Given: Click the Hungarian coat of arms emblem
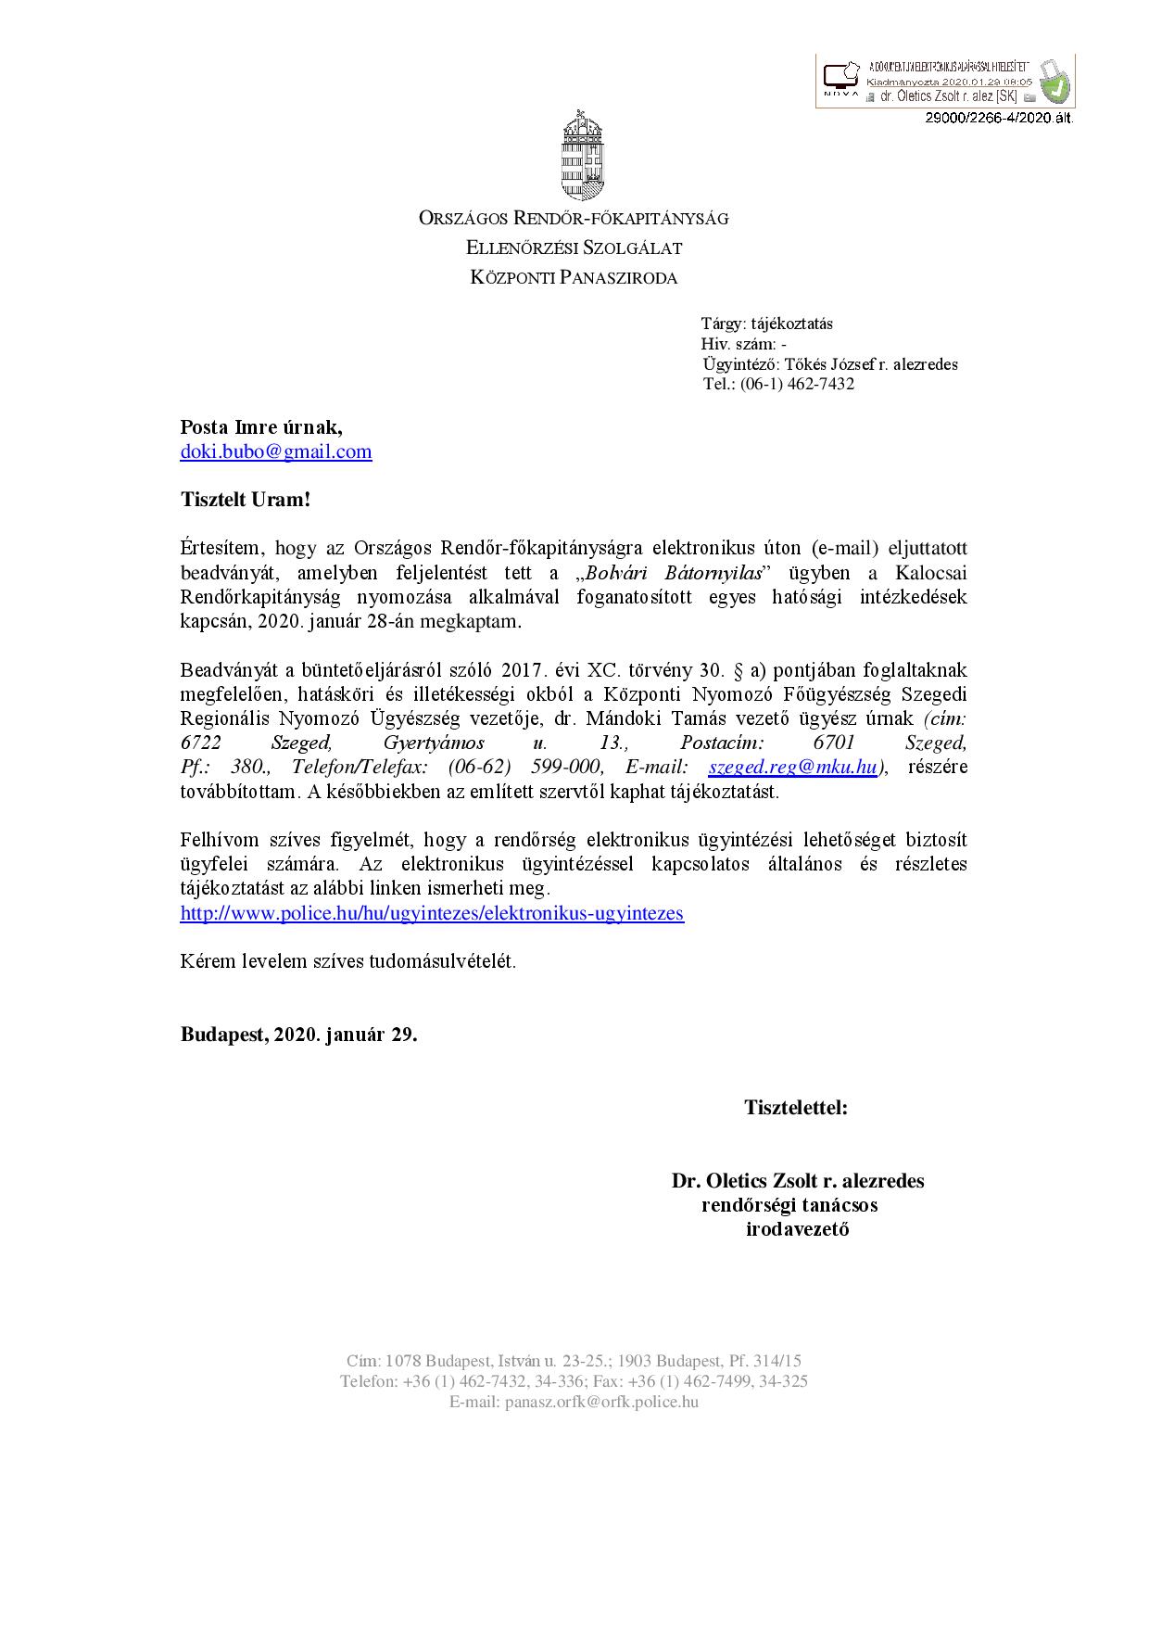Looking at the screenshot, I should [574, 154].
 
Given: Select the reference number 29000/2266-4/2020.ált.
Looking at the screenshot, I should [996, 118].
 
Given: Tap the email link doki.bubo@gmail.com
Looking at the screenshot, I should [276, 452].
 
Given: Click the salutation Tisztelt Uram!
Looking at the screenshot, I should [245, 500].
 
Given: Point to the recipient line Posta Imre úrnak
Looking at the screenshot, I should [260, 427].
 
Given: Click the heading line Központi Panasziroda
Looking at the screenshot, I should [574, 277].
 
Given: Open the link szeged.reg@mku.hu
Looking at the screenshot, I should [792, 767].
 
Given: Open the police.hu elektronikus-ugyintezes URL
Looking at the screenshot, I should [432, 913].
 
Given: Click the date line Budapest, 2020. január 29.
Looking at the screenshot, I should [298, 1035].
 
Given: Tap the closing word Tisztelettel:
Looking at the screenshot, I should [796, 1107].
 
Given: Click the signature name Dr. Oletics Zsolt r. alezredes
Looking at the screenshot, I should [798, 1181].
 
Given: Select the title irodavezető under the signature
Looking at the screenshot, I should [798, 1230].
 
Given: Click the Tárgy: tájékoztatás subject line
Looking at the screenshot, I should [767, 324].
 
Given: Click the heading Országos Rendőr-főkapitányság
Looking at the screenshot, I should [574, 219].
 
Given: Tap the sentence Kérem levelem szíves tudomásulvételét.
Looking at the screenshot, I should [347, 960].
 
